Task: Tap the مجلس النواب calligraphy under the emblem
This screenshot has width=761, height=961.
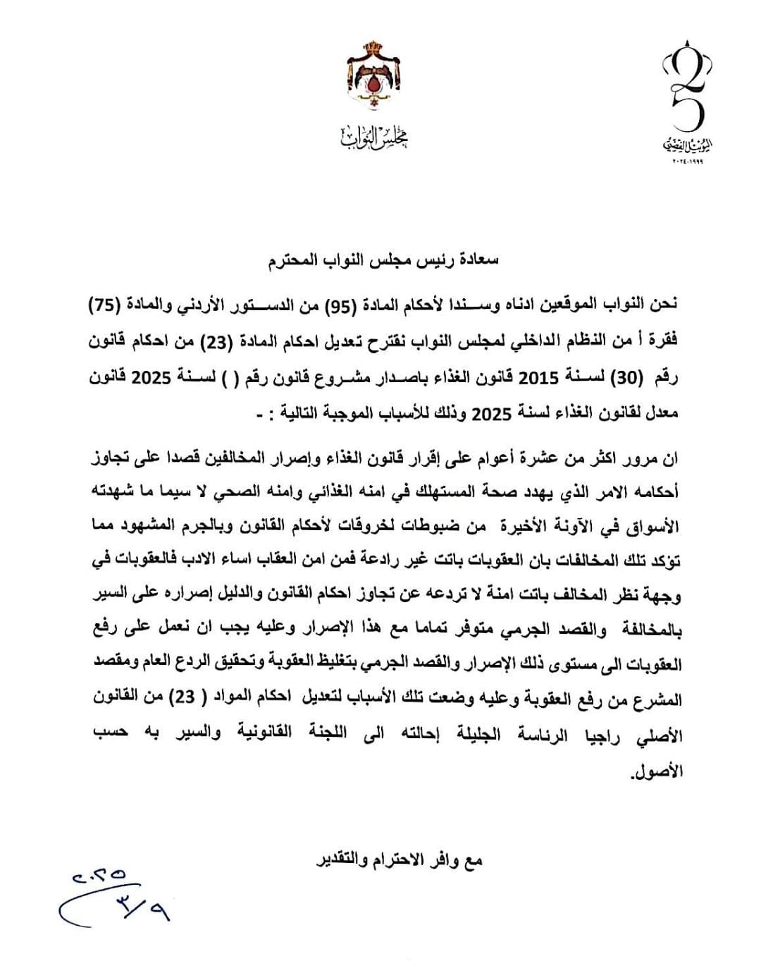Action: click(x=373, y=137)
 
